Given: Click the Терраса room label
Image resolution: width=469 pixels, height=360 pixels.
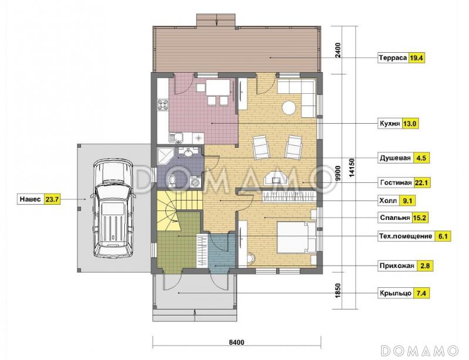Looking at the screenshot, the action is [x=393, y=58].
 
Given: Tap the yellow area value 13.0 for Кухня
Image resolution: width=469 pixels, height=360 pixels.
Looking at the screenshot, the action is [x=410, y=124].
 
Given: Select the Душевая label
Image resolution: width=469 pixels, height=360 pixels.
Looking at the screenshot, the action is [x=395, y=158].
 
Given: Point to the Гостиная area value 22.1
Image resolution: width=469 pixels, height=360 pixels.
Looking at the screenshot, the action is [x=422, y=182].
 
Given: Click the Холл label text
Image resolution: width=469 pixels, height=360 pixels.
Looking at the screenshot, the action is [x=388, y=201].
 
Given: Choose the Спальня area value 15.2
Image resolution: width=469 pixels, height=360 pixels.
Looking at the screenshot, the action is [x=419, y=218].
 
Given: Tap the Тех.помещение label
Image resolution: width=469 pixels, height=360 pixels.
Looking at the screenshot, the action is [x=406, y=236].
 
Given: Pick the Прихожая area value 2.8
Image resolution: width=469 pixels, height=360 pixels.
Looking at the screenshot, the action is [x=424, y=266].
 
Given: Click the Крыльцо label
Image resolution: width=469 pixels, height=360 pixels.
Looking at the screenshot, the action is [x=395, y=293].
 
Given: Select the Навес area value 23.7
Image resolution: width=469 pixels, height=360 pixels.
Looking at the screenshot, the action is [x=52, y=199].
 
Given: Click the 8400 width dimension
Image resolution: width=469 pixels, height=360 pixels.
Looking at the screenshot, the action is [x=237, y=342].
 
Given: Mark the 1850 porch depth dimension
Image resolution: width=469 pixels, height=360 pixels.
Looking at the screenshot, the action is [x=338, y=290].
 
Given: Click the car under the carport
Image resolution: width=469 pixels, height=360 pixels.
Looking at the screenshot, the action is [x=113, y=209].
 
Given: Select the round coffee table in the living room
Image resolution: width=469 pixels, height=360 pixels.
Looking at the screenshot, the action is [x=289, y=107].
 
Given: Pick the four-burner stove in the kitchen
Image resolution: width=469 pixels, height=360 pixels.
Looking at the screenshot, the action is [x=163, y=105].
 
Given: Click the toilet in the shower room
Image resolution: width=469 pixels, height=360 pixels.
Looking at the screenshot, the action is [x=172, y=181].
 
